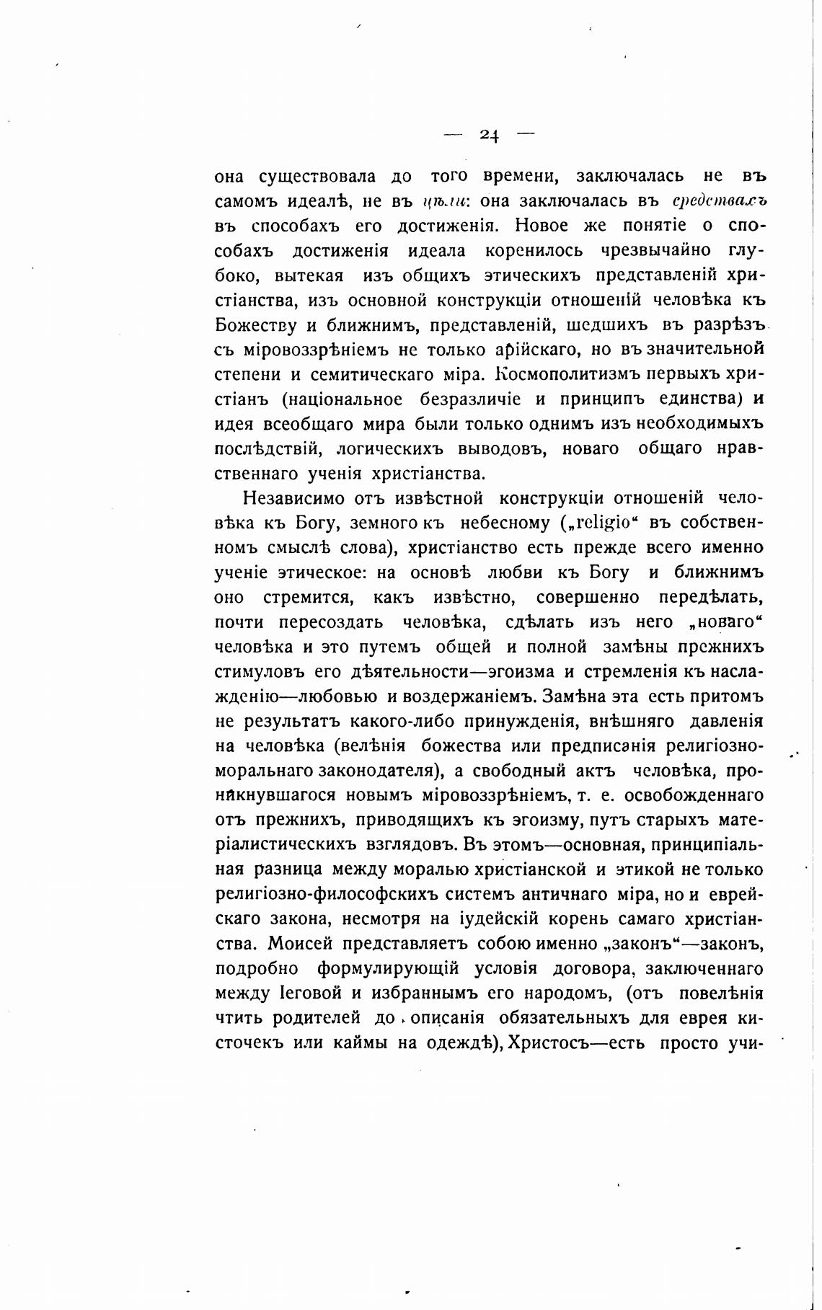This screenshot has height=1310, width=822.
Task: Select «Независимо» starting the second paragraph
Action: [x=294, y=498]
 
